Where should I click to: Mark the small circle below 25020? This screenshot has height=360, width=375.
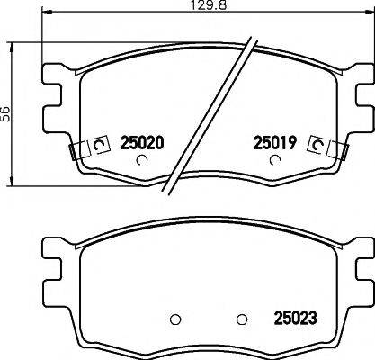coord(140,162)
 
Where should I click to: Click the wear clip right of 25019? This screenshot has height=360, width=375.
coord(317,145)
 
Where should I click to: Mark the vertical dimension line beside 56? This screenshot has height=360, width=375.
coord(12,72)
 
